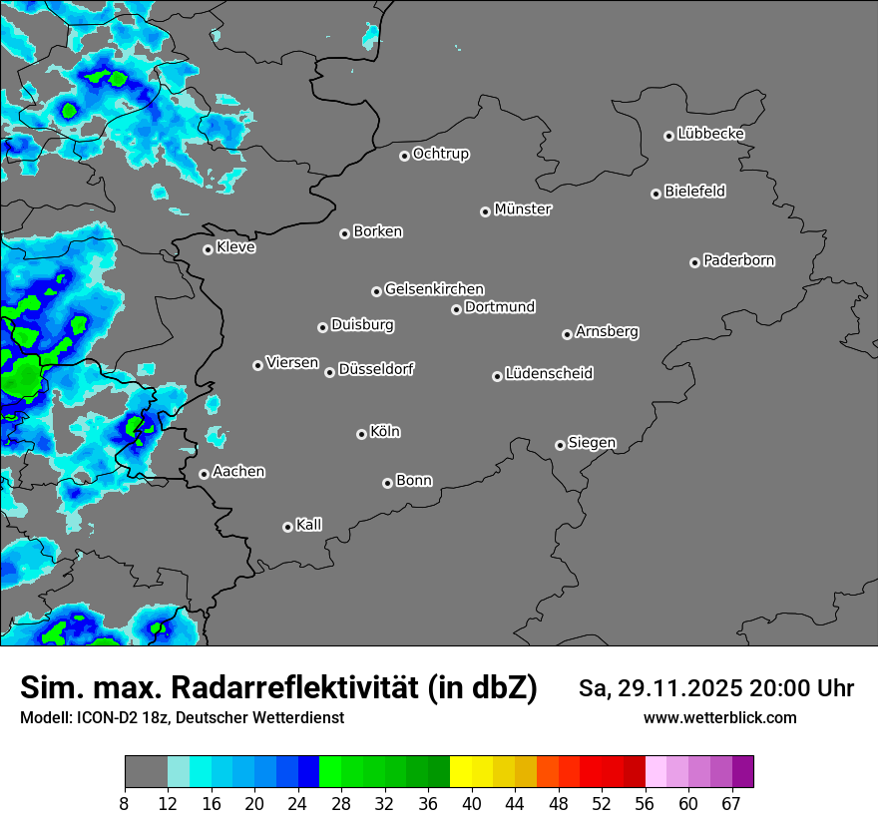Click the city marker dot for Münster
[486, 211]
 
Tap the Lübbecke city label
[710, 134]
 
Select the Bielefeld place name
[694, 192]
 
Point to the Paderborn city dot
[695, 262]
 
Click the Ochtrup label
[440, 154]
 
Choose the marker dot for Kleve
[209, 249]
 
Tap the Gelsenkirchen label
[434, 289]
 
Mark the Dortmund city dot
[457, 309]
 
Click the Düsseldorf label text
[376, 369]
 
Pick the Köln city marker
[361, 434]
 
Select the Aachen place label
[238, 471]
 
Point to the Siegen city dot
[560, 445]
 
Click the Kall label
[309, 525]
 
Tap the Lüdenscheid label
[549, 374]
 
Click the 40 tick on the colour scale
[471, 804]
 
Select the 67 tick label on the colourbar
[731, 804]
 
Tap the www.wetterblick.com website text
[719, 717]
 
